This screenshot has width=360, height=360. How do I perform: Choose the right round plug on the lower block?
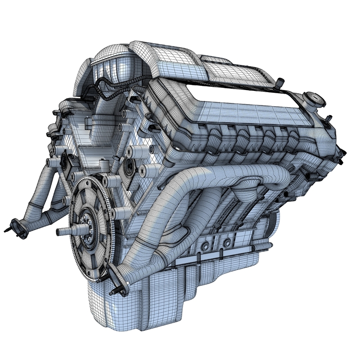(228, 243)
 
